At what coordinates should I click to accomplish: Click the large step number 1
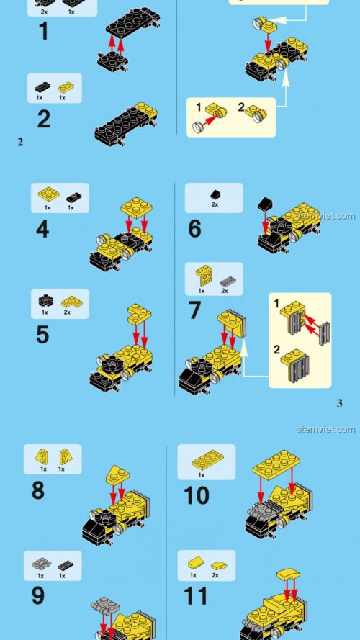click(44, 32)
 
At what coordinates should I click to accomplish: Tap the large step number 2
click(44, 119)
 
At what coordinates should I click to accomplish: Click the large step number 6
click(195, 230)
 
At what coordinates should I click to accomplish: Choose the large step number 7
click(195, 312)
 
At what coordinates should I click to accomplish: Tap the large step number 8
click(37, 491)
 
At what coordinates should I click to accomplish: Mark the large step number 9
click(37, 595)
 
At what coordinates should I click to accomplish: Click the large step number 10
click(197, 496)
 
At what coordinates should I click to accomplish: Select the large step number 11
click(195, 595)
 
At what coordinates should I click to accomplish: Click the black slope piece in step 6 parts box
click(214, 194)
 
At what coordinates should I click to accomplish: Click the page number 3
click(339, 403)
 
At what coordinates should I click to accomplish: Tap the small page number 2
click(20, 142)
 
